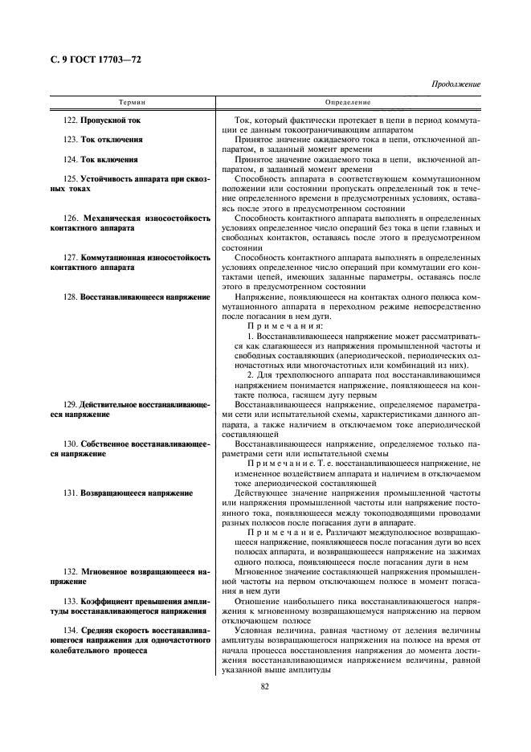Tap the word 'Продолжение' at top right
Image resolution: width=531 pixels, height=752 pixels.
(455, 84)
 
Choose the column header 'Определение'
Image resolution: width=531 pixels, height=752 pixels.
(347, 103)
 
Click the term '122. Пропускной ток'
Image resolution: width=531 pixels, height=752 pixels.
(101, 121)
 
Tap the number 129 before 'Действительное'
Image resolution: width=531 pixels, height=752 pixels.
(71, 404)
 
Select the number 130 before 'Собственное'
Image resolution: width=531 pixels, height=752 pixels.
(71, 443)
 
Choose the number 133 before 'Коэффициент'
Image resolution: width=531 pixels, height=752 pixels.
(71, 600)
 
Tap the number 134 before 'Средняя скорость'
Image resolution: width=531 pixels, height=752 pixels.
(71, 630)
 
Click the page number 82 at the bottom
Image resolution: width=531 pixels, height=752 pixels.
(264, 685)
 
